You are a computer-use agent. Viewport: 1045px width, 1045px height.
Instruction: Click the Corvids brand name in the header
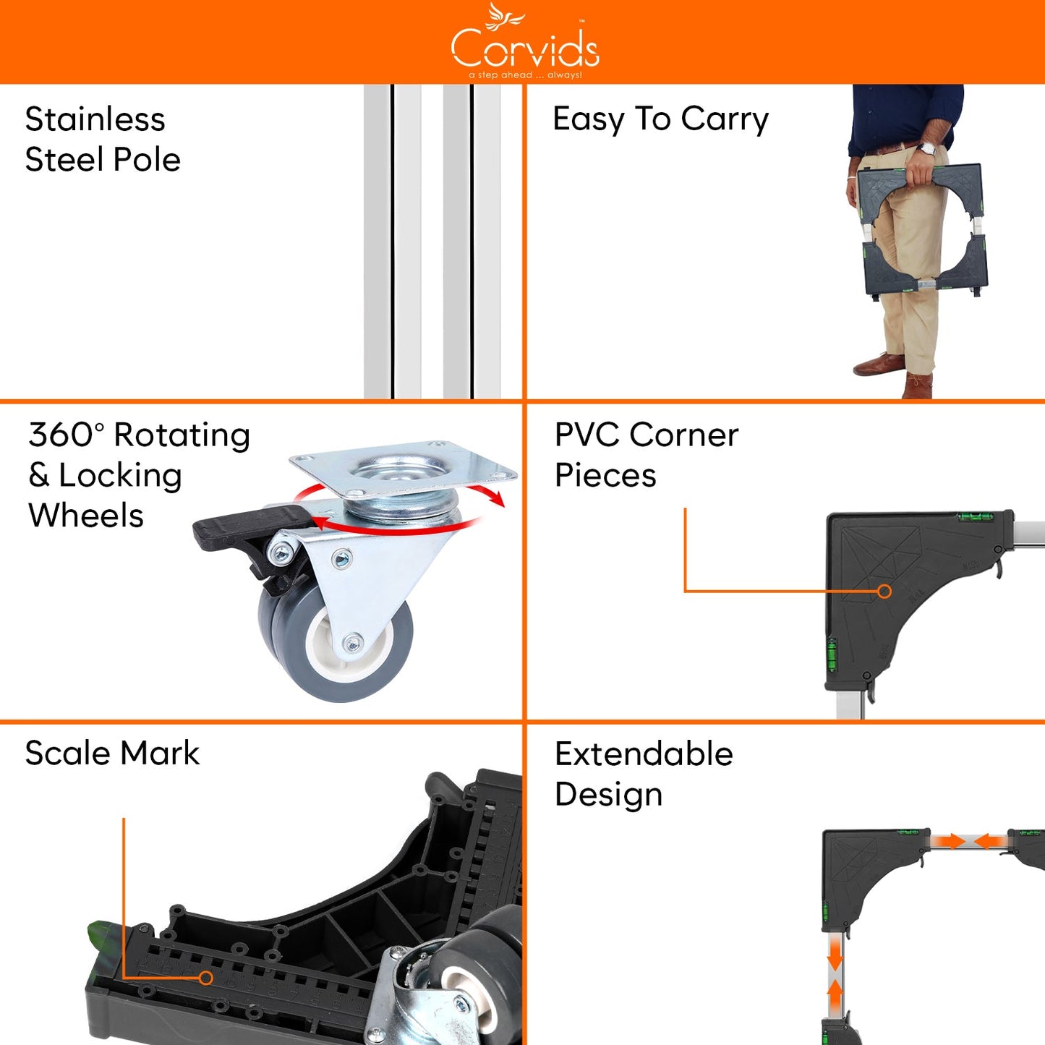click(x=525, y=49)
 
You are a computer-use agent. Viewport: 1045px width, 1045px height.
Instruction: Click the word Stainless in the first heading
click(x=95, y=119)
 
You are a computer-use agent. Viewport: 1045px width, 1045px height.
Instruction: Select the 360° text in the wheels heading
click(x=66, y=435)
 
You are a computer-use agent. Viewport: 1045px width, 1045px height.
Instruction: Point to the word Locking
click(x=120, y=476)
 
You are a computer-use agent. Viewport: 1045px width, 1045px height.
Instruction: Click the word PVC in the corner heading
click(x=587, y=435)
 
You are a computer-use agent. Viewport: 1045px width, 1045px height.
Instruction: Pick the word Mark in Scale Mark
click(x=160, y=753)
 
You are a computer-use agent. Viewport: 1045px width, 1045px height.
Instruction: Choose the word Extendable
click(x=644, y=754)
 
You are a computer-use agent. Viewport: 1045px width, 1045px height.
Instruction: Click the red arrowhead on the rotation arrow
click(x=496, y=498)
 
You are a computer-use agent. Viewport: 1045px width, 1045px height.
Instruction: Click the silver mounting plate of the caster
click(x=405, y=469)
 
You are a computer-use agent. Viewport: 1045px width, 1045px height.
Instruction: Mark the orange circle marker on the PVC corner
click(x=884, y=592)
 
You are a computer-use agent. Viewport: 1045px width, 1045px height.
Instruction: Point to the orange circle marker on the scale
click(x=206, y=978)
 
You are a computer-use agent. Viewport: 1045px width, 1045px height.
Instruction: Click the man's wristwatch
click(x=926, y=149)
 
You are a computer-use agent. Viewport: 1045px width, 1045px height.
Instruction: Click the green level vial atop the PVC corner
click(x=975, y=516)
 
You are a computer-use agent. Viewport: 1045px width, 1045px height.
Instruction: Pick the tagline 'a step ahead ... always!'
click(x=525, y=75)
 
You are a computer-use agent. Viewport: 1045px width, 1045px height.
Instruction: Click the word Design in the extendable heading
click(x=608, y=794)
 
